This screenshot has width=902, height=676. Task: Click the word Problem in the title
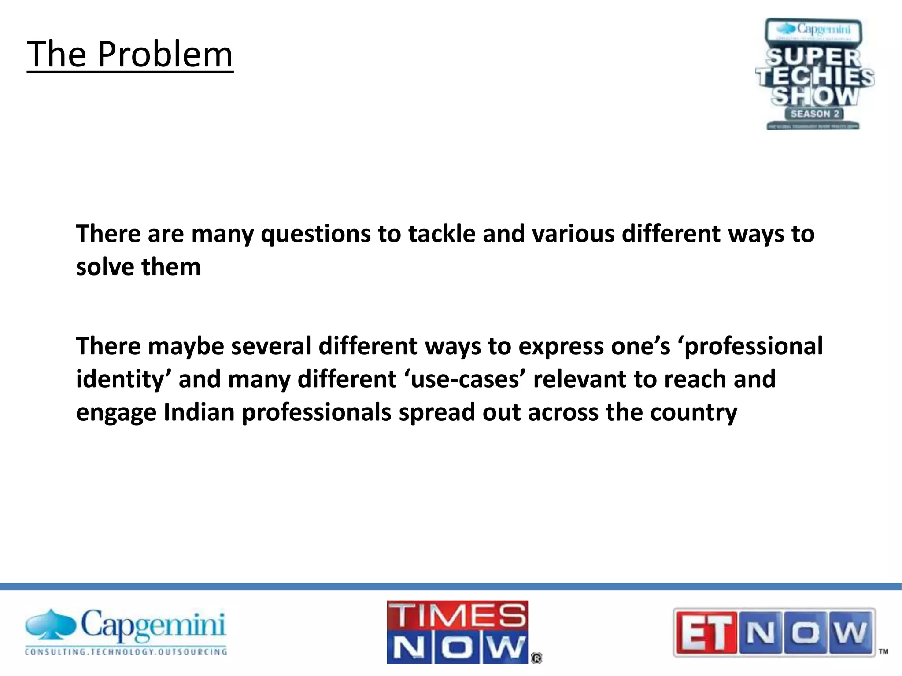(x=165, y=55)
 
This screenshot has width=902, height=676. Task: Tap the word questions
(x=315, y=234)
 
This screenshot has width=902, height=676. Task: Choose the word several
(x=271, y=346)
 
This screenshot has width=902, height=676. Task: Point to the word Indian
(x=199, y=413)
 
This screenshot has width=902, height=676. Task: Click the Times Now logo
(x=457, y=632)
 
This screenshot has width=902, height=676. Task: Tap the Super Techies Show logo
(x=815, y=74)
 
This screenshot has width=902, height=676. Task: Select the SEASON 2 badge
(x=815, y=114)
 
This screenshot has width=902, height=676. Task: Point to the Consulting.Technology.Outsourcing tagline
(x=126, y=652)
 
